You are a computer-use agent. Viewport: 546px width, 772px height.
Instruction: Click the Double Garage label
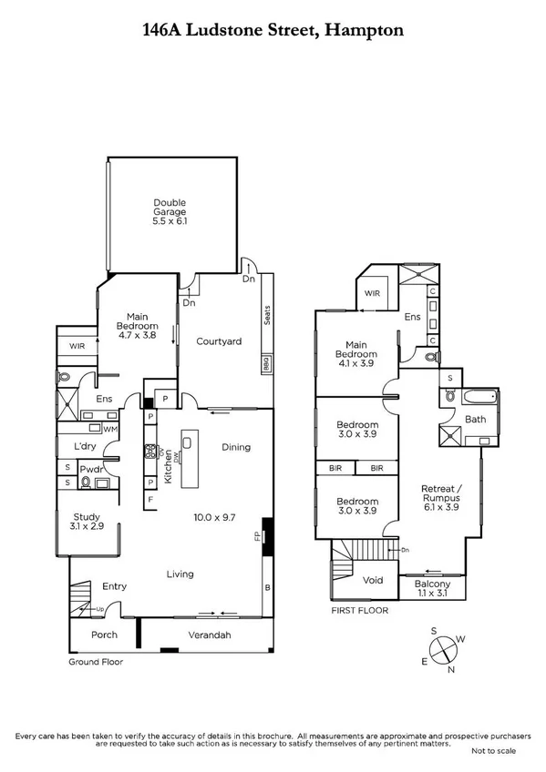point(170,212)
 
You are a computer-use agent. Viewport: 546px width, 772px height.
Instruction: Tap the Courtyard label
point(219,341)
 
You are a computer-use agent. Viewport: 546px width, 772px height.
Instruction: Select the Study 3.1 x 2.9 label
point(87,522)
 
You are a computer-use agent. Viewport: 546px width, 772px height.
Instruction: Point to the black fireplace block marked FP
point(266,531)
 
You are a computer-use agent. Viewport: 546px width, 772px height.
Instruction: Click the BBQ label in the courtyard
point(267,364)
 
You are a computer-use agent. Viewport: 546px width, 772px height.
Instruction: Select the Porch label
point(105,635)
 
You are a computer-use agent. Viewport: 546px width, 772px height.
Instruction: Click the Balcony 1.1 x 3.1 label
point(433,589)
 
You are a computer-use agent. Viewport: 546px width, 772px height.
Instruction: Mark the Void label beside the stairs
point(371,579)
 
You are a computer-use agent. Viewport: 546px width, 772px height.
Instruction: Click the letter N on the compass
point(452,670)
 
